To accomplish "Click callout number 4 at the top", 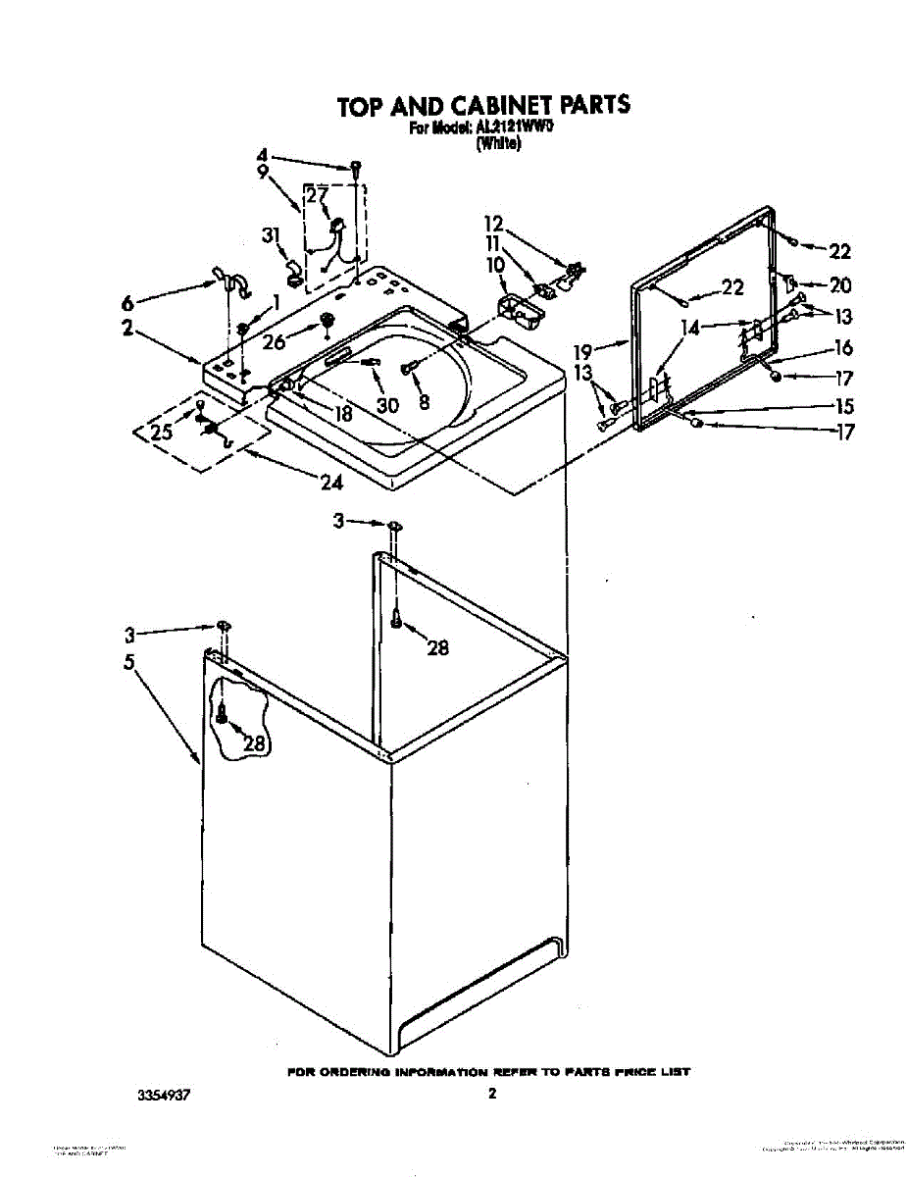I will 262,155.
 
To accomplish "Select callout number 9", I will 262,172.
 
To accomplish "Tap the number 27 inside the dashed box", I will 316,196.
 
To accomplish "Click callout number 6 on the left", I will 128,301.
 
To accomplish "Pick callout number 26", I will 274,342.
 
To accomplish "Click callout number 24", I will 331,482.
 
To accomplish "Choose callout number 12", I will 492,224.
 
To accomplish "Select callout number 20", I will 840,285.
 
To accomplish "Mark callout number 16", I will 842,347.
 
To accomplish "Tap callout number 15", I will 842,406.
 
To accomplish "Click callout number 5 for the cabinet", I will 128,661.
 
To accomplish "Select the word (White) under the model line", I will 498,144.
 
